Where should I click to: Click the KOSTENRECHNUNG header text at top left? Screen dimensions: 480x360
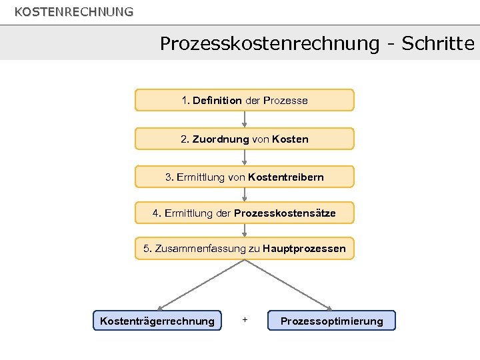point(74,12)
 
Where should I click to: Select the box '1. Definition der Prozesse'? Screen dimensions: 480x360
point(245,100)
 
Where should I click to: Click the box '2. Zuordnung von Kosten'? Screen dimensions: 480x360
point(245,139)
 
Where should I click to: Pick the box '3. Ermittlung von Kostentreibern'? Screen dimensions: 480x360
point(245,177)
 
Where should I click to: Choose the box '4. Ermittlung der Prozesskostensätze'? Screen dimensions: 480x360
point(245,213)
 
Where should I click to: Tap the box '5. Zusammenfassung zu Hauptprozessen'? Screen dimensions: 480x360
point(245,249)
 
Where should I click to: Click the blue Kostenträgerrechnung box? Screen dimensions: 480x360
point(157,321)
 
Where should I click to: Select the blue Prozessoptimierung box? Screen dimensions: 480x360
point(331,321)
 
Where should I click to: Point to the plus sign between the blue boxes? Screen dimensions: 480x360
point(245,320)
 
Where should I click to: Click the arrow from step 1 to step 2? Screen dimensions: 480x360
point(245,119)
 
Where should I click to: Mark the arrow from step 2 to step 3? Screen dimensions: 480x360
point(245,158)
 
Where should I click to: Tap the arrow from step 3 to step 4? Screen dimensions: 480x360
point(245,195)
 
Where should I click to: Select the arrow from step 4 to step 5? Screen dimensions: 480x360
point(245,231)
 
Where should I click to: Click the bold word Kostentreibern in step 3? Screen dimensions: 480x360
point(286,177)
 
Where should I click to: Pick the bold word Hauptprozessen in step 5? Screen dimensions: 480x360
point(305,249)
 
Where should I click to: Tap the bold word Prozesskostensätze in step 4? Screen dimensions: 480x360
point(285,213)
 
